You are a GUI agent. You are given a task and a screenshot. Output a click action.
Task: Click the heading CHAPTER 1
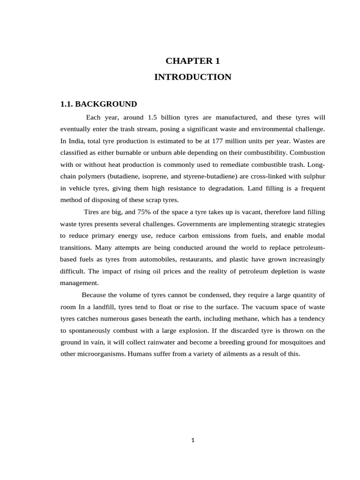(193, 60)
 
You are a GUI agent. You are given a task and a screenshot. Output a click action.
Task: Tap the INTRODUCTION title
(193, 77)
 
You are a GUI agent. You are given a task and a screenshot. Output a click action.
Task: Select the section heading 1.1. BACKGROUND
(98, 104)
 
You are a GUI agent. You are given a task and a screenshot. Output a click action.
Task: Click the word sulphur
(313, 176)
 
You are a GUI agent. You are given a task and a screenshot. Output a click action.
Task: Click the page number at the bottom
(193, 440)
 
